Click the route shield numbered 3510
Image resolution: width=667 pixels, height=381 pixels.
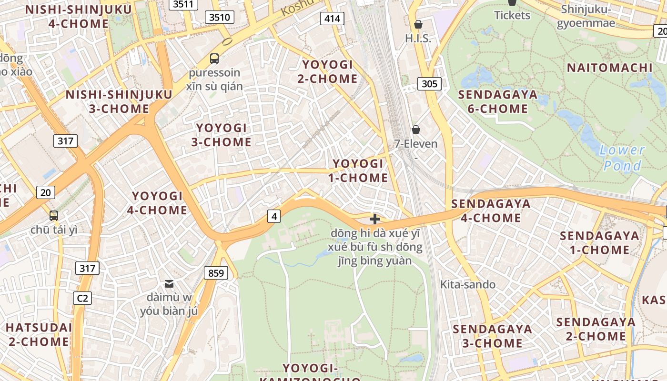220,18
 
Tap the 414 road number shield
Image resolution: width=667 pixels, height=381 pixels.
332,19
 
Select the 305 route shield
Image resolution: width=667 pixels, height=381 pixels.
429,84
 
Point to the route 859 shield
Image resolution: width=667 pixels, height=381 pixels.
216,273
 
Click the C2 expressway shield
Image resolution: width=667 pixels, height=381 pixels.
82,298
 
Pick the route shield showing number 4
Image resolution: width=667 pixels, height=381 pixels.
273,216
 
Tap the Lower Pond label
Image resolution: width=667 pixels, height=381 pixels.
622,158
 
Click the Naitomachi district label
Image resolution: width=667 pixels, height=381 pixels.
609,68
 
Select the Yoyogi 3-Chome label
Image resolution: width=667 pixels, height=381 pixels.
222,135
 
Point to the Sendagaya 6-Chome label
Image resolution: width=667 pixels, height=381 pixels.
497,101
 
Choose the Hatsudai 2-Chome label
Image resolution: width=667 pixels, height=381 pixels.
39,334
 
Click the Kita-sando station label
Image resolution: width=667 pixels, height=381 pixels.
467,284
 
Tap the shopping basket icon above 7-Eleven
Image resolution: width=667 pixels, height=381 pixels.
416,130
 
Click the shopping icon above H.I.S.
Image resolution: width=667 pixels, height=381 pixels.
418,24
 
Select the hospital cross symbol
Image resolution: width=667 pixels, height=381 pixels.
375,219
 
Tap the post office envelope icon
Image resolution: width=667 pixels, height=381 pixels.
169,284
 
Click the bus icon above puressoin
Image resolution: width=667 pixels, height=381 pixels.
214,59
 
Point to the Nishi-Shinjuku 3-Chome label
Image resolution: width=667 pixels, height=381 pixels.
119,101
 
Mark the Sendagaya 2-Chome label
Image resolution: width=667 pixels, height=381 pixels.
596,329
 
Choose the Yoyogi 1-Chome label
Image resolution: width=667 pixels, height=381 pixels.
358,170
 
